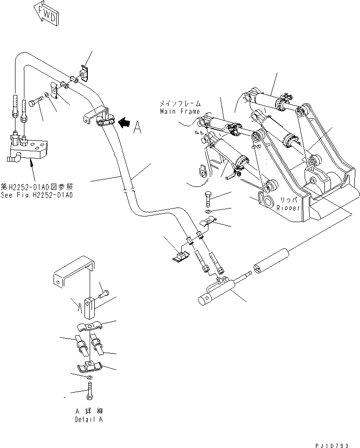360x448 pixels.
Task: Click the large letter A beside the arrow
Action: (137, 127)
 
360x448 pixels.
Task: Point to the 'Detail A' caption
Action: (88, 419)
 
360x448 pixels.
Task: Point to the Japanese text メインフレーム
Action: (181, 103)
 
